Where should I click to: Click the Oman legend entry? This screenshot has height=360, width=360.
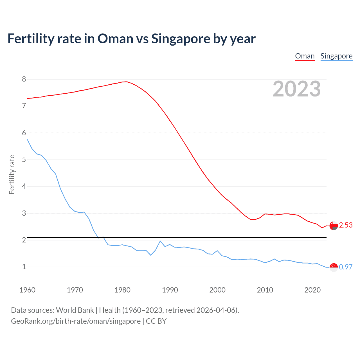coord(305,56)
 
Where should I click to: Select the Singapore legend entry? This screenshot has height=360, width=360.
coord(336,56)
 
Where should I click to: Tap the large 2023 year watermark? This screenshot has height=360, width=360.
coord(296,89)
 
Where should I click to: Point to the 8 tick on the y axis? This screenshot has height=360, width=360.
coord(24,79)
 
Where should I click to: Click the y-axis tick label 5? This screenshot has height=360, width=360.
coord(24,159)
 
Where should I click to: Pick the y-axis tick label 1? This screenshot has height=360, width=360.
coord(24,267)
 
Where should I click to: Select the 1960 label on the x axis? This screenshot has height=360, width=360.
coord(27,290)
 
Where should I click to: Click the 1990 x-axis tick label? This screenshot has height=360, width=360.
coord(170,290)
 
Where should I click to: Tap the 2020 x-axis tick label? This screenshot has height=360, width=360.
coord(312,290)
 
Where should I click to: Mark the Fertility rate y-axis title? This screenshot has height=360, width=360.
coord(12,174)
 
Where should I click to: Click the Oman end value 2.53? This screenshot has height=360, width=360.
coord(346,225)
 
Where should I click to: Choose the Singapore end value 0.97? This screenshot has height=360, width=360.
coord(346,267)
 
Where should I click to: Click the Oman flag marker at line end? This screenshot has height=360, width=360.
coord(334,226)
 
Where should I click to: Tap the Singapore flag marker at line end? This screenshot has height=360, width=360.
coord(334,267)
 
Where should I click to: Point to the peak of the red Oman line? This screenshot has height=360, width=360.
coord(126,82)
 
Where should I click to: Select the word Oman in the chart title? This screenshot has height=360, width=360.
coord(115,39)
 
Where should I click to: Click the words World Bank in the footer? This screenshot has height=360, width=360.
coord(75,310)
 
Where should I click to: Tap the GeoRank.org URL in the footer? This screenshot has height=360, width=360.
coord(76,321)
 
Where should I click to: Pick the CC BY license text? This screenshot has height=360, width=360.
coord(156,321)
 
